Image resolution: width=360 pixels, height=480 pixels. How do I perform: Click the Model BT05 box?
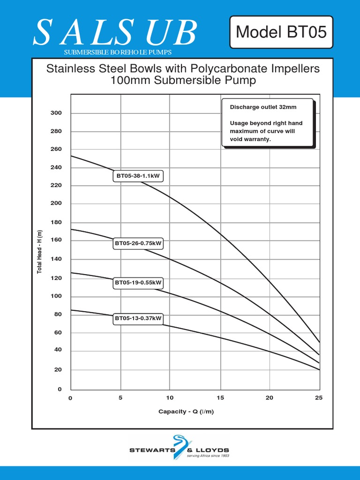click(281, 32)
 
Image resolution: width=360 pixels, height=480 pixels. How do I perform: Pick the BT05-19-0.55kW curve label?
click(138, 283)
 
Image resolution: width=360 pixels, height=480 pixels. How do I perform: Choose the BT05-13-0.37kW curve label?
click(138, 319)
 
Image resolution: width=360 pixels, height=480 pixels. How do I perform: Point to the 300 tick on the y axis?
click(56, 113)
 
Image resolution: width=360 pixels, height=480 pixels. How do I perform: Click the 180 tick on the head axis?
click(56, 222)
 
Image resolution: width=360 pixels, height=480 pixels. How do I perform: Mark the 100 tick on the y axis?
click(56, 296)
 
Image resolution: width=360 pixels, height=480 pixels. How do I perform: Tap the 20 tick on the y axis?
click(58, 370)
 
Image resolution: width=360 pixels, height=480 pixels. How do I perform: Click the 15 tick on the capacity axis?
click(220, 398)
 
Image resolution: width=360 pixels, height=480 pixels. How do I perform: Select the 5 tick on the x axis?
click(120, 398)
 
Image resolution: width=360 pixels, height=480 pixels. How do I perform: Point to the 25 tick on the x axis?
click(319, 398)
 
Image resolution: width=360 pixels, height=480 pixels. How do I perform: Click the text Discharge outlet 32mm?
click(263, 107)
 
